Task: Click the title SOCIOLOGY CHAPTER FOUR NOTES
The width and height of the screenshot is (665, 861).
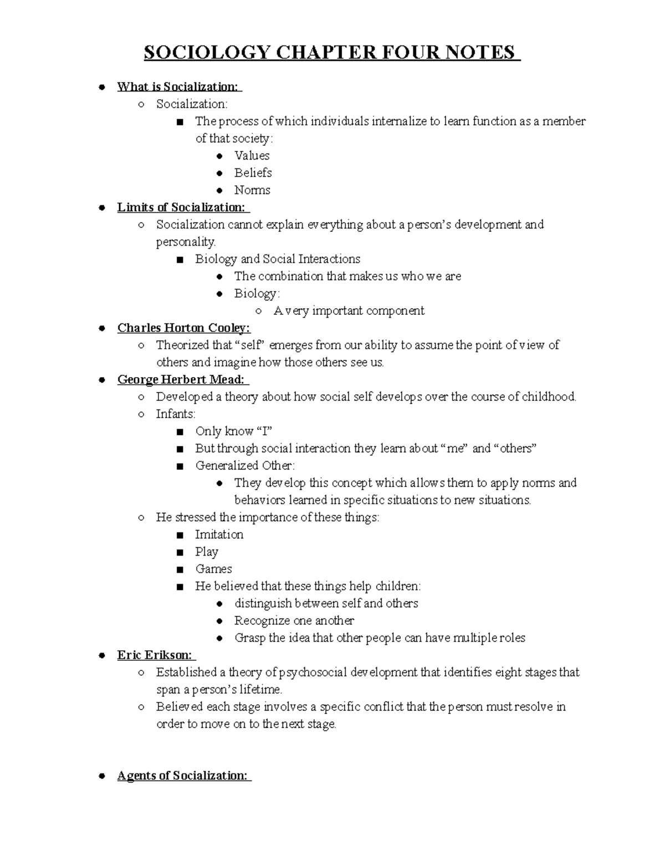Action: (331, 53)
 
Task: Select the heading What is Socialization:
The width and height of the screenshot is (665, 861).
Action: (178, 86)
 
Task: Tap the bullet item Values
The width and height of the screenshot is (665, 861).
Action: (252, 156)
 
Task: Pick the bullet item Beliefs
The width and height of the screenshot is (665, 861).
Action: (253, 173)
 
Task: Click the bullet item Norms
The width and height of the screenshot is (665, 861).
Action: (252, 190)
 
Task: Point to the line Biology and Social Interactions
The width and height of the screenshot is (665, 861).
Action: (277, 259)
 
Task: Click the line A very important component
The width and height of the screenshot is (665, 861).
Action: (349, 310)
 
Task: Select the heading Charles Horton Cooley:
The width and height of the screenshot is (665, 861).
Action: (183, 328)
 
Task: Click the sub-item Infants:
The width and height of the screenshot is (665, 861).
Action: (176, 414)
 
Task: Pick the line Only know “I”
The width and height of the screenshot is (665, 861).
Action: (233, 431)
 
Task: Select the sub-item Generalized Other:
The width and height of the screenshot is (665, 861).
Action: (245, 466)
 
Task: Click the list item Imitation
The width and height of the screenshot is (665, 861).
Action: (219, 534)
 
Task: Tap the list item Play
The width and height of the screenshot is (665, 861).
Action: (206, 552)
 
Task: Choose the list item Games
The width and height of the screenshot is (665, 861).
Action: (213, 569)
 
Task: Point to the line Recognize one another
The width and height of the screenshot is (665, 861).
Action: (294, 620)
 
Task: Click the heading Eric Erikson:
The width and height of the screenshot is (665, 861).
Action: (155, 655)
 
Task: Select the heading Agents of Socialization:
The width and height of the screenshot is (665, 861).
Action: (183, 776)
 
